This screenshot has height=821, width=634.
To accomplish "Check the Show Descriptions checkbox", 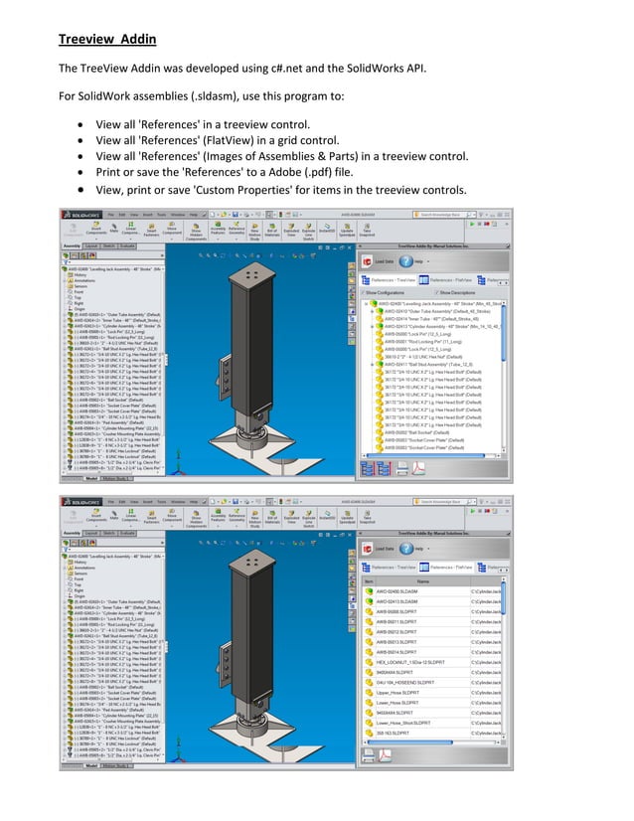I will (434, 294).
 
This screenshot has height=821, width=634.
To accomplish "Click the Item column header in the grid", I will (370, 581).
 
